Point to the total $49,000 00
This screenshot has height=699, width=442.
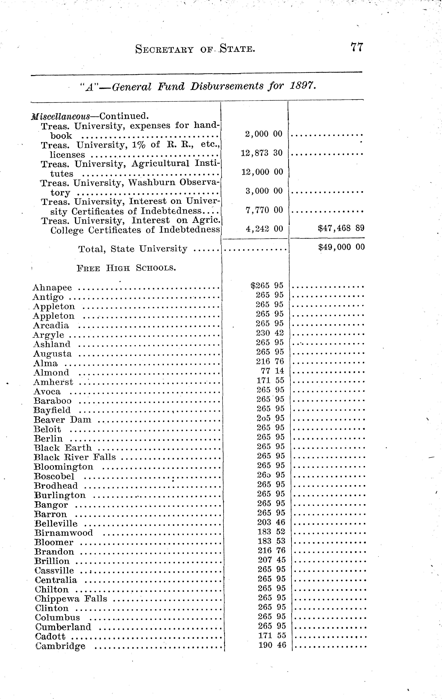click(x=341, y=247)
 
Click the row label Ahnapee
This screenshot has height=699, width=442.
click(x=52, y=288)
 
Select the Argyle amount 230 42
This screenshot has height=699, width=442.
click(x=270, y=333)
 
